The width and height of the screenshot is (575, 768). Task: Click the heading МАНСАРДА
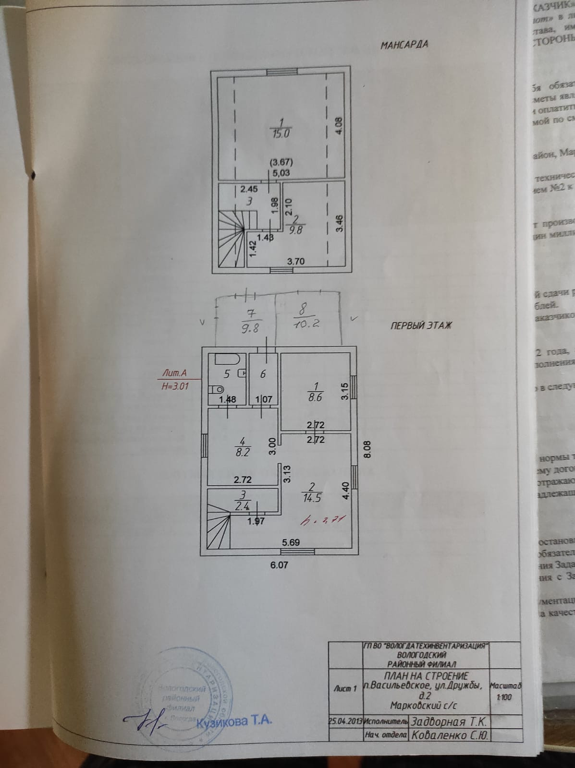pos(404,45)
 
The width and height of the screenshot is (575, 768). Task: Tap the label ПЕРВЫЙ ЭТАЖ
pos(421,325)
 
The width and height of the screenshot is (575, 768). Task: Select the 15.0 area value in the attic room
pos(281,134)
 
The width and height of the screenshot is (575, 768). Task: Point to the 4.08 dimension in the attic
pos(338,126)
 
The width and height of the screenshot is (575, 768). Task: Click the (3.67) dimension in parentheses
pos(281,162)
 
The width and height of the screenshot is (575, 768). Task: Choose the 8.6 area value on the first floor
pos(315,397)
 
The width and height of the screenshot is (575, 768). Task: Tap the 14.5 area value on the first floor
pos(312,498)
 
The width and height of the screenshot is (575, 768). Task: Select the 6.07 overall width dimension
pos(279,565)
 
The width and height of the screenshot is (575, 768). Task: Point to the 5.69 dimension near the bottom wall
pos(291,543)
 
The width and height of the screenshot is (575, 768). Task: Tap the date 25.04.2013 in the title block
pos(345,721)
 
